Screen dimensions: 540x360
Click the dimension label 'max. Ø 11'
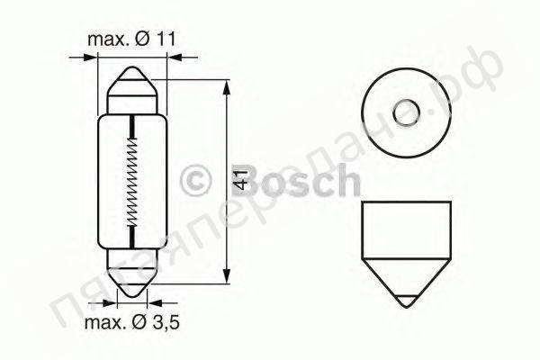pos(131,40)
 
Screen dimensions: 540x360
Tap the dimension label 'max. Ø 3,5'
pos(132,322)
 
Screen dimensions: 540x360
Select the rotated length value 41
pos(240,180)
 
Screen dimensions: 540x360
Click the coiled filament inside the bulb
pos(132,180)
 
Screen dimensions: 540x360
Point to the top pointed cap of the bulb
pos(133,91)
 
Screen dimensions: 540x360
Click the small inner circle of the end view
pos(407,112)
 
